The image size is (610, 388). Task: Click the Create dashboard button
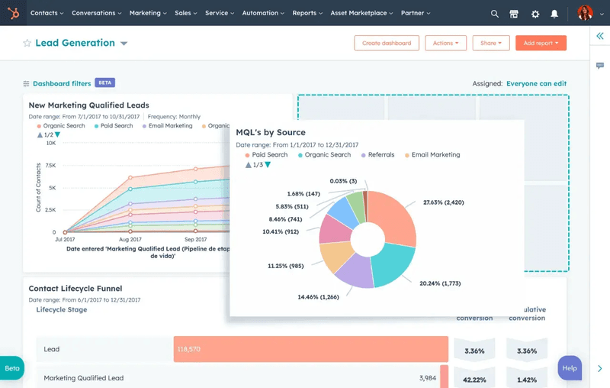pos(387,44)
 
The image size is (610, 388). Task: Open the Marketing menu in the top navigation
pos(147,13)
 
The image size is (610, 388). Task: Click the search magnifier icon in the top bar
pos(495,14)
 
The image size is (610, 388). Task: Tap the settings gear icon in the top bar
pos(535,14)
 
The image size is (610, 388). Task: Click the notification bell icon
pos(554,14)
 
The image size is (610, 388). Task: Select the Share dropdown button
pos(490,44)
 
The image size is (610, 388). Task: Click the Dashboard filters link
pos(61,83)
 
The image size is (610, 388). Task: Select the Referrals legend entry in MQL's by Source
pos(380,155)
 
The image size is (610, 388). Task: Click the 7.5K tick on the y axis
pos(50,165)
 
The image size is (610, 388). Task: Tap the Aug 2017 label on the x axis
pos(130,240)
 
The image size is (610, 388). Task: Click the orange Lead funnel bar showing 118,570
pos(310,349)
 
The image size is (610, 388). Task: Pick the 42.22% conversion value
pos(474,378)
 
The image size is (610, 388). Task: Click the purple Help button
pos(570,368)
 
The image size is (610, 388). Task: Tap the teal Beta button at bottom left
pos(12,368)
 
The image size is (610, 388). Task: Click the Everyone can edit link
pos(536,84)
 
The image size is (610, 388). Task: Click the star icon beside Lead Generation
pos(27,44)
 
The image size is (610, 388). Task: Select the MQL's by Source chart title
pos(270,133)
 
